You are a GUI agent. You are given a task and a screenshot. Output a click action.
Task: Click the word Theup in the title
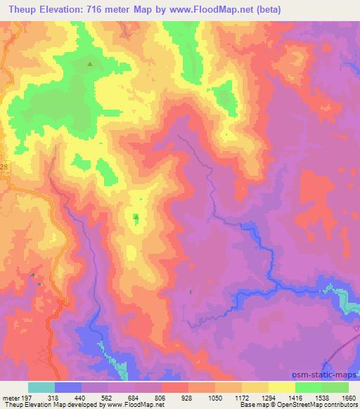[x=21, y=9]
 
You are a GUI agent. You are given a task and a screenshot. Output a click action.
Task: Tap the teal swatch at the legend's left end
[x=41, y=387]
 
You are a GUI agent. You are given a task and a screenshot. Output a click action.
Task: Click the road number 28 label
[x=4, y=167]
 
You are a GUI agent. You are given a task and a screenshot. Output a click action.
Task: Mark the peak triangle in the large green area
[x=90, y=65]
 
